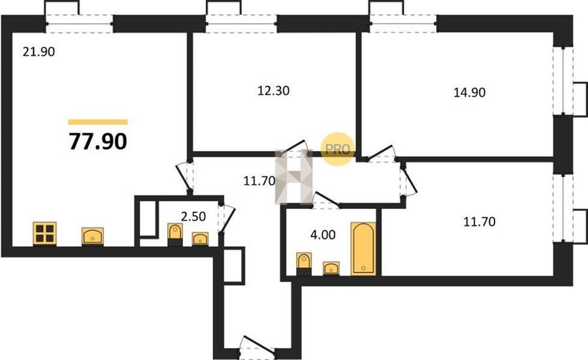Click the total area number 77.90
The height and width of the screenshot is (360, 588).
tap(98, 141)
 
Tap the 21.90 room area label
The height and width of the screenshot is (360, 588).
tap(39, 52)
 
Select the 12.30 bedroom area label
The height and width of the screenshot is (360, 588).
tap(273, 91)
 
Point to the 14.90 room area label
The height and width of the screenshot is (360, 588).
tap(470, 92)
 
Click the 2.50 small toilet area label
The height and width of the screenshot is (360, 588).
tap(193, 216)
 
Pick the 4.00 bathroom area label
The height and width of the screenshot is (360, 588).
tap(323, 235)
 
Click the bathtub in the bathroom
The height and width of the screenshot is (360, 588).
tap(363, 248)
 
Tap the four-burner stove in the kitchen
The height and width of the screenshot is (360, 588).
tap(44, 233)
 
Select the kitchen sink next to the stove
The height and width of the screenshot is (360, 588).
tap(93, 237)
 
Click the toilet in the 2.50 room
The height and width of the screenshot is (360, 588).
tap(174, 235)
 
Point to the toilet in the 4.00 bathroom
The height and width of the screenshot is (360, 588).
tap(304, 264)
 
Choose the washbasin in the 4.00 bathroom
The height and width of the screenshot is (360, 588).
tap(331, 268)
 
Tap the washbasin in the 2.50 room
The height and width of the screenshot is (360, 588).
tap(201, 239)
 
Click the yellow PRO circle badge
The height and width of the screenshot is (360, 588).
tap(338, 149)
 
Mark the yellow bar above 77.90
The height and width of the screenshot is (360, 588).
tap(98, 122)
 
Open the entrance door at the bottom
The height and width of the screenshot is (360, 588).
tap(257, 344)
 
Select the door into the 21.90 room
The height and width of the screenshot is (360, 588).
tap(185, 176)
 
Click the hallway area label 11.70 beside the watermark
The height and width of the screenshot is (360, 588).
tap(259, 181)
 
